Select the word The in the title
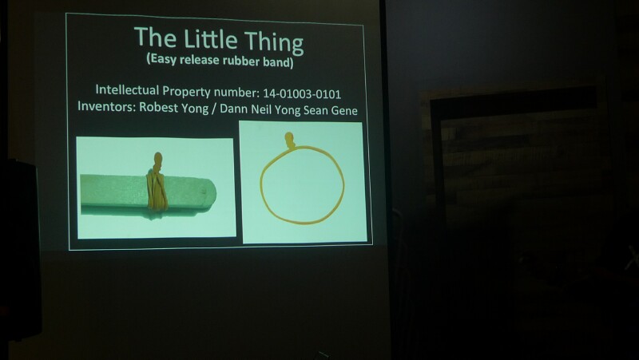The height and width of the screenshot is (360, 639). pyautogui.click(x=155, y=37)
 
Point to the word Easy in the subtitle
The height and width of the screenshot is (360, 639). pyautogui.click(x=162, y=58)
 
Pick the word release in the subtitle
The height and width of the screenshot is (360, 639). pyautogui.click(x=199, y=60)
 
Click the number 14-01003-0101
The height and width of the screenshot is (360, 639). pyautogui.click(x=302, y=94)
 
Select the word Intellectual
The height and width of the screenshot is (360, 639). pyautogui.click(x=128, y=89)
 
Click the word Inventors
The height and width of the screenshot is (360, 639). pyautogui.click(x=107, y=106)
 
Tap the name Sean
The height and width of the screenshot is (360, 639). pyautogui.click(x=315, y=110)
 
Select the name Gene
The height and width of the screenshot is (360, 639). pyautogui.click(x=343, y=111)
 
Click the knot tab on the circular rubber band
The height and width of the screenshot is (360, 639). pyautogui.click(x=290, y=140)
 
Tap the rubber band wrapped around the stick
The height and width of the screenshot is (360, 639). pyautogui.click(x=157, y=192)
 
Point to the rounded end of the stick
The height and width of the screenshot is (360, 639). pyautogui.click(x=209, y=195)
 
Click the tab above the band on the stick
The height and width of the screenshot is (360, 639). pyautogui.click(x=158, y=162)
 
